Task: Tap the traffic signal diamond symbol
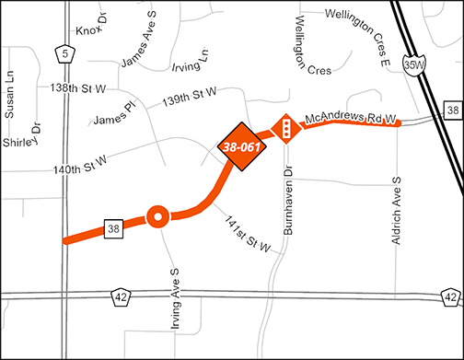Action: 286,130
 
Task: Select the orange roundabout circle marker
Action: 157,217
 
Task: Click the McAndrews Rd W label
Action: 351,119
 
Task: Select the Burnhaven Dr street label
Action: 287,200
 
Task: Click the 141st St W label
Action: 247,234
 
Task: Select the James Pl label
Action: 114,115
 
